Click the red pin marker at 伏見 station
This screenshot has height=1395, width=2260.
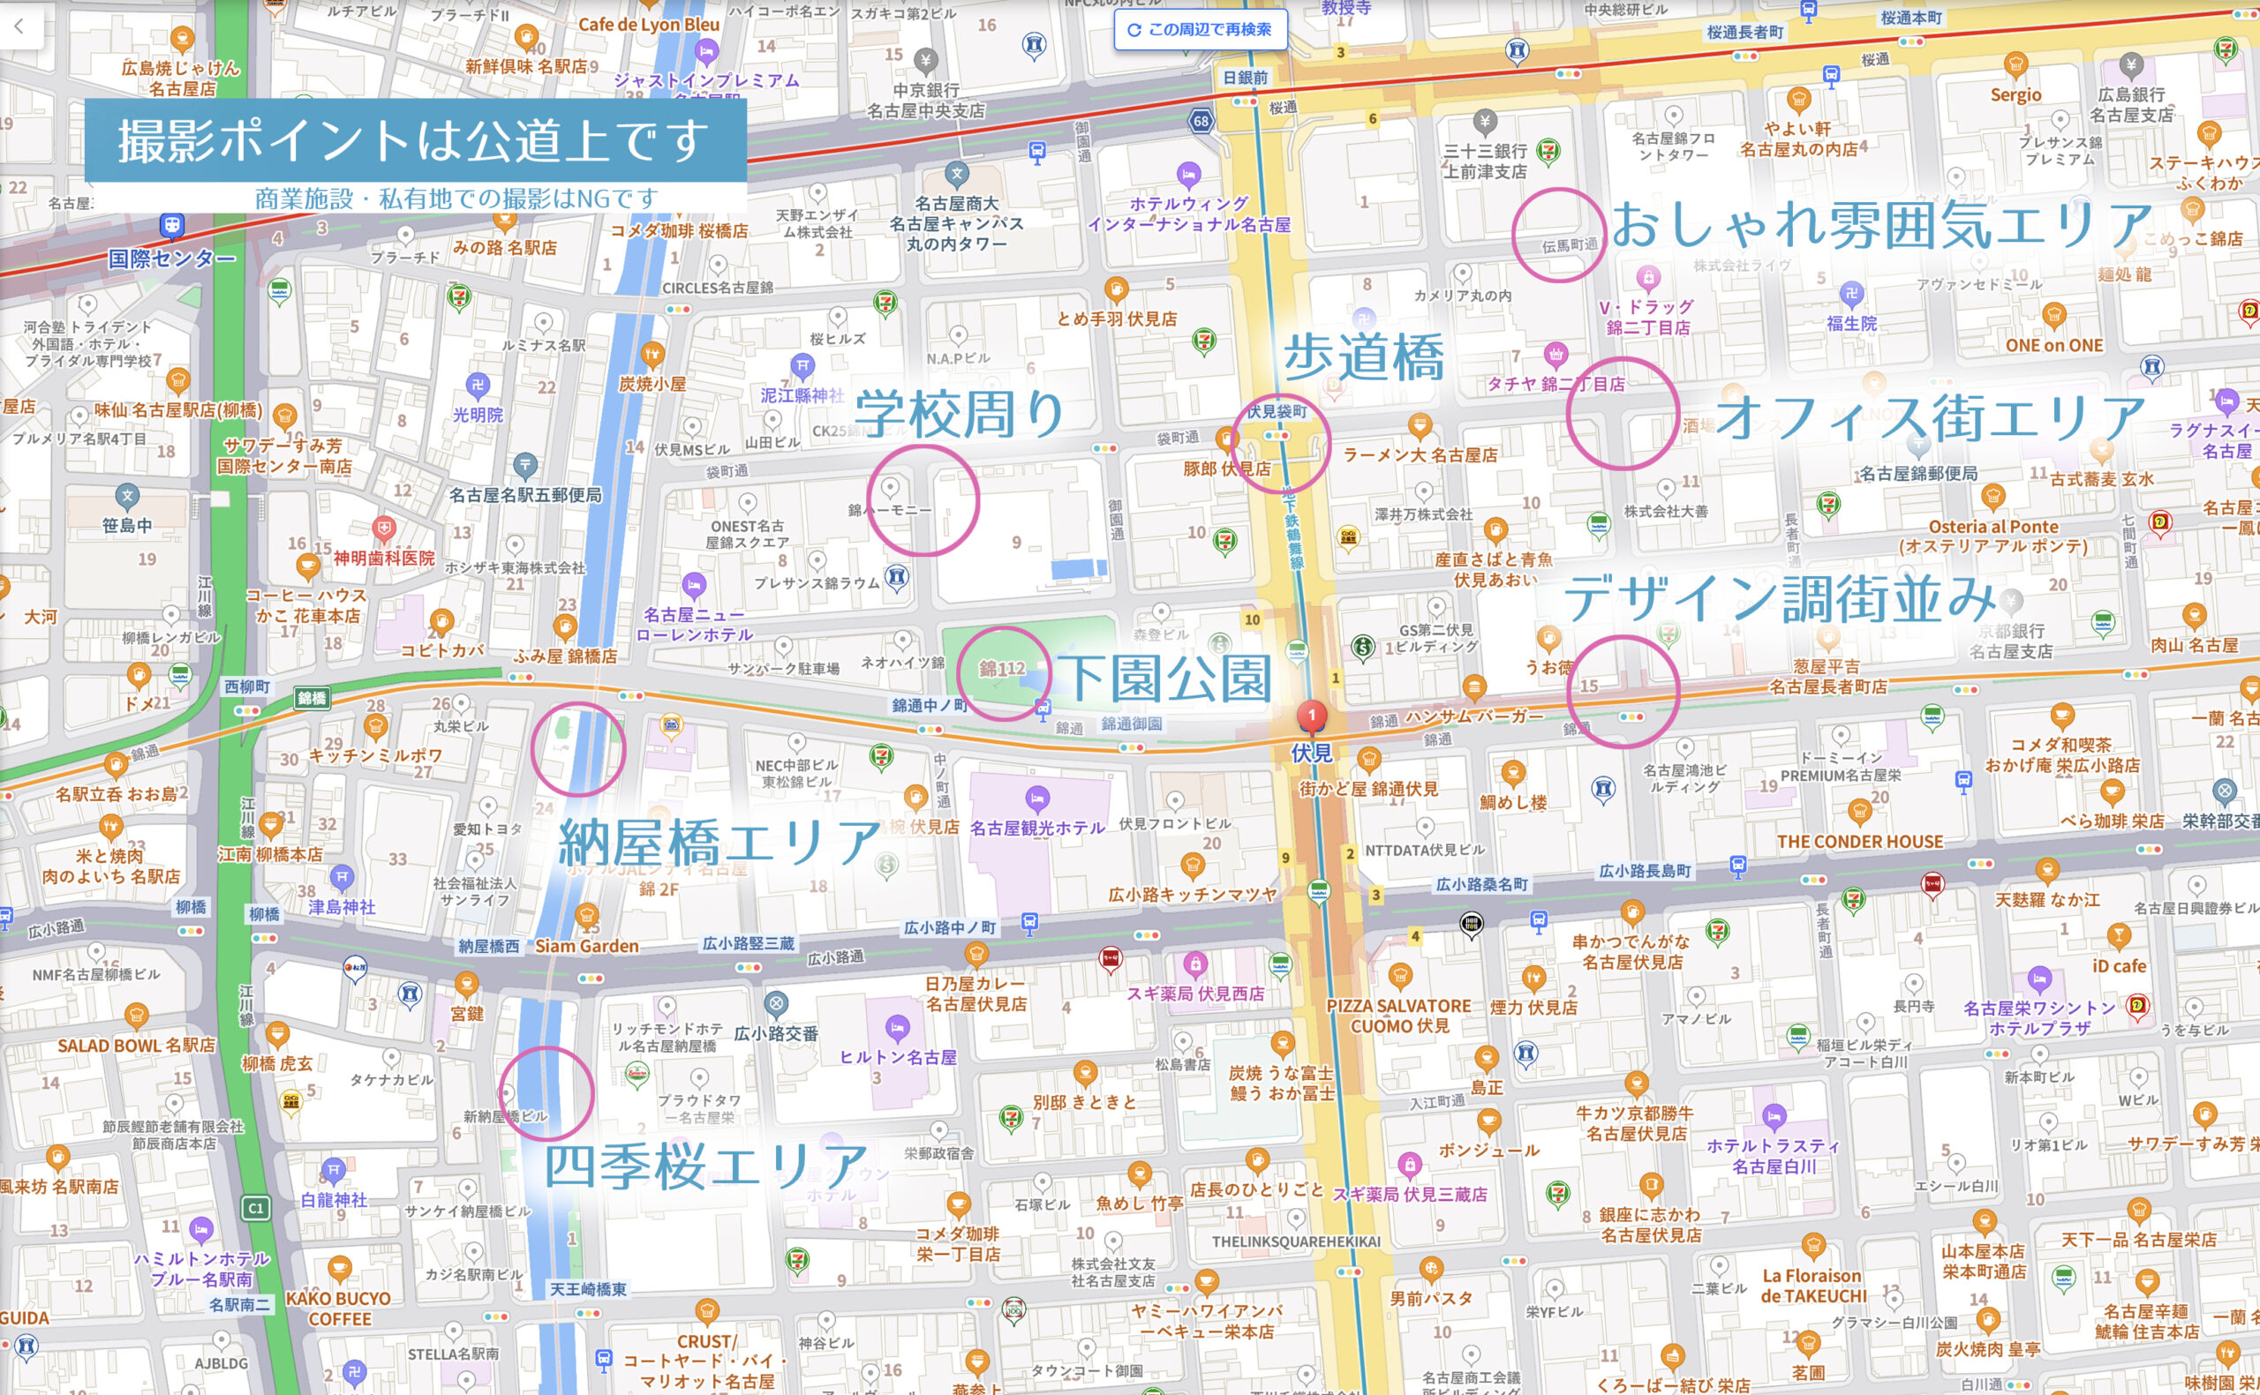coord(1311,716)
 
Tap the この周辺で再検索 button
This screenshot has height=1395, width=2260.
coord(1200,29)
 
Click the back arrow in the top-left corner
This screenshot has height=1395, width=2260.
coord(19,26)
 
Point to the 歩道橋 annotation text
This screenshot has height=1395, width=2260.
coord(1364,358)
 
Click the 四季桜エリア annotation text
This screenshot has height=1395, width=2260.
coord(706,1166)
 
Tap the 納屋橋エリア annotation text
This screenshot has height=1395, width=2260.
coord(719,842)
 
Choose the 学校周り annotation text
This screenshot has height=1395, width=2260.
coord(960,414)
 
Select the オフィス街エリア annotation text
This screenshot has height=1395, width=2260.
coord(1929,418)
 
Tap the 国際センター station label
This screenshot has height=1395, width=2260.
coord(171,259)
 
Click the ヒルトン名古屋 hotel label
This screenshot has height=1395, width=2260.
coord(897,1057)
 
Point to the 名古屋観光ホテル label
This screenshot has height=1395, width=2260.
coord(1036,828)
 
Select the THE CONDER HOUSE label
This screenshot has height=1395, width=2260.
coord(1859,842)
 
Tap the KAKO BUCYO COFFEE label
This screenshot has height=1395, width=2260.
coord(338,1309)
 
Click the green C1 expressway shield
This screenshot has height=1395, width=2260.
coord(257,1208)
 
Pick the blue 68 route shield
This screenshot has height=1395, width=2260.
coord(1201,121)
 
